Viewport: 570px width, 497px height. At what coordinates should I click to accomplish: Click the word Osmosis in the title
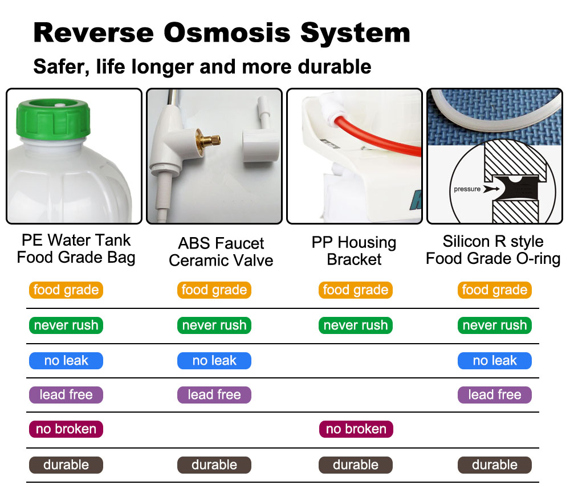coord(227,32)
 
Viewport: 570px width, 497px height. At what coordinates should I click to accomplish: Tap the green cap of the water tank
coord(53,118)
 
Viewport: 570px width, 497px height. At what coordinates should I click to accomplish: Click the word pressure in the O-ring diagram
coord(467,189)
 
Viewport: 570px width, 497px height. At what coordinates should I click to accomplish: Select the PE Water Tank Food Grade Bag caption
coord(76,248)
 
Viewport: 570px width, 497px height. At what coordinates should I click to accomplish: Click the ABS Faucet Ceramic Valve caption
coord(221,251)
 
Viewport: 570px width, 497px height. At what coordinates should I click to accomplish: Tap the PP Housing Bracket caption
coord(354,251)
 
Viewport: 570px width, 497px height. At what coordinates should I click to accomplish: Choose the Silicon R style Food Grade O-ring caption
coord(493,250)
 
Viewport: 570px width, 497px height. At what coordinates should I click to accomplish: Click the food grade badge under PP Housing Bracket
coord(356,290)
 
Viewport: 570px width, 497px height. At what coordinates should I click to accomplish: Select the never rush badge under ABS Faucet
coord(214,325)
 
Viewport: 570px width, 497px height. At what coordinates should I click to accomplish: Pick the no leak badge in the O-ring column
coord(494,361)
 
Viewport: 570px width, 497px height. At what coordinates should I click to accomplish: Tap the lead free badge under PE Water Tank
coord(66,395)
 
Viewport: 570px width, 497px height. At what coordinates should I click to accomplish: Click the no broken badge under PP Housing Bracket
coord(356,429)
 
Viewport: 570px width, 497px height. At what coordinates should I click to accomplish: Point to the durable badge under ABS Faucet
coord(214,465)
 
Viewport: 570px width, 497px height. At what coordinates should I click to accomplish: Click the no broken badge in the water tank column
coord(66,429)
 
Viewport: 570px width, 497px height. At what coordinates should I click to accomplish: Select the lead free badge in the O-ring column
coord(494,395)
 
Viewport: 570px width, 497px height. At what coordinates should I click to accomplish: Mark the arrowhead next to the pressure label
coord(491,189)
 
